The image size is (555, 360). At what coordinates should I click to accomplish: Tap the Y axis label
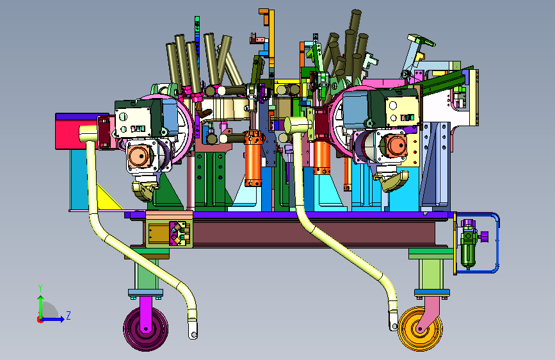[x=40, y=288]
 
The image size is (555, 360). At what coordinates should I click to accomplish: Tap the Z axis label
[x=68, y=315]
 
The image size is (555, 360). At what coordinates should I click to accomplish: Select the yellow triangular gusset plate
[x=106, y=199]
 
